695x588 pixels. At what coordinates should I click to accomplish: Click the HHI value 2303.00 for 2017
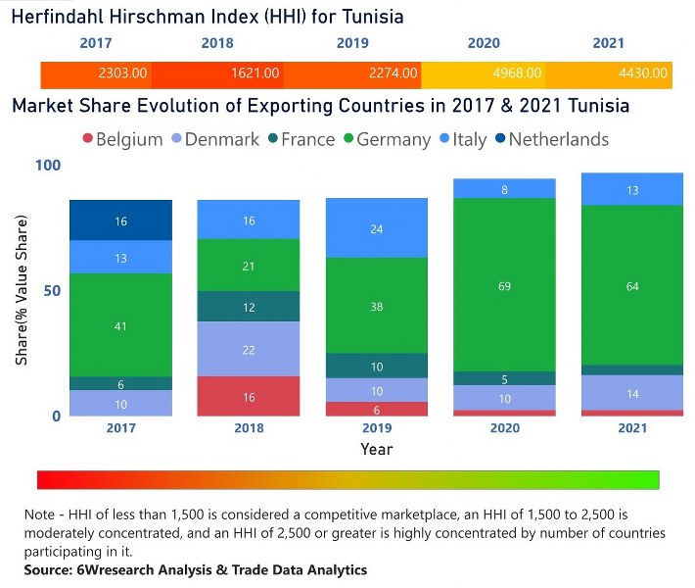(122, 73)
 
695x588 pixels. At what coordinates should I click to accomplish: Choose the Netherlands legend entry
(548, 139)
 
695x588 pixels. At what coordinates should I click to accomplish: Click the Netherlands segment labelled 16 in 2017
(120, 221)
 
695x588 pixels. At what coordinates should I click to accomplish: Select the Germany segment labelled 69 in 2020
(504, 285)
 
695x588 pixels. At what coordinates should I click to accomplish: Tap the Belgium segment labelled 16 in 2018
(248, 397)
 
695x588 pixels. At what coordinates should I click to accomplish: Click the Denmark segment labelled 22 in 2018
(248, 350)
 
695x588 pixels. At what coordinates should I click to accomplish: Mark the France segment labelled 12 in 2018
(248, 307)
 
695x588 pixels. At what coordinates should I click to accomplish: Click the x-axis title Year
(376, 449)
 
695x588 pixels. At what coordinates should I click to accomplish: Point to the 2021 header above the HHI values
(608, 43)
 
